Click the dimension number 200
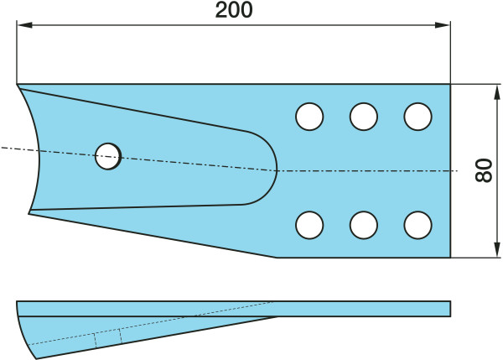[x=234, y=11]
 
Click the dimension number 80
[x=483, y=171]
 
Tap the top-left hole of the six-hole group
[x=309, y=117]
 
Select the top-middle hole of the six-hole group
[x=363, y=117]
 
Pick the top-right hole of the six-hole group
[x=417, y=117]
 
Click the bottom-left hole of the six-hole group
[x=309, y=225]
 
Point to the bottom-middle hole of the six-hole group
[x=363, y=225]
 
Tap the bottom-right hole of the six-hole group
[x=417, y=225]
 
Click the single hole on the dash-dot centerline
[x=108, y=155]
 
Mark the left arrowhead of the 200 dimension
[x=23, y=26]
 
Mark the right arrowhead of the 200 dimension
[x=445, y=26]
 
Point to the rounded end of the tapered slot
[x=274, y=168]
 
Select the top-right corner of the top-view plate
[x=450, y=85]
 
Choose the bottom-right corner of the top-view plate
[x=450, y=258]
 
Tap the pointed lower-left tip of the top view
[x=29, y=212]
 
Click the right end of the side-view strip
[x=449, y=308]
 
